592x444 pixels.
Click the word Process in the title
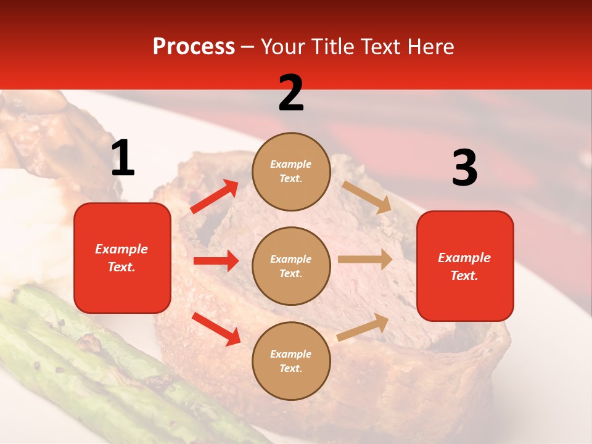[194, 46]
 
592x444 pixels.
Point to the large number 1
[123, 158]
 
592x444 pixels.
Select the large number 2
[291, 93]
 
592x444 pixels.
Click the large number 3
[464, 168]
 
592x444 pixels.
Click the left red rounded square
[122, 258]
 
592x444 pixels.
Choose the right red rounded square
[465, 266]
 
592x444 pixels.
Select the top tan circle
[291, 171]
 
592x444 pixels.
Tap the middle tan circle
[291, 266]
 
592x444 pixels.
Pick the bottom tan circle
[291, 361]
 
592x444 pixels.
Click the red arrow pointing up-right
[215, 197]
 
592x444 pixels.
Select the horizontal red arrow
[216, 261]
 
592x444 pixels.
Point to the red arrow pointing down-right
[216, 329]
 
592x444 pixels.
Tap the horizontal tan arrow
[365, 260]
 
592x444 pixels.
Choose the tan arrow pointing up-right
[363, 327]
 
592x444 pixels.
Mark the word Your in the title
[283, 46]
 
